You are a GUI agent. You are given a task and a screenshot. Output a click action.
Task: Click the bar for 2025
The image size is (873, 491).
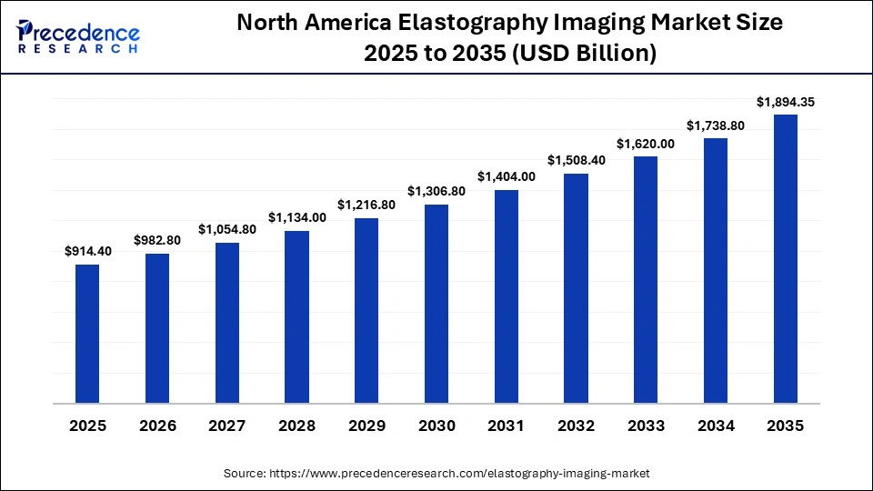[87, 334]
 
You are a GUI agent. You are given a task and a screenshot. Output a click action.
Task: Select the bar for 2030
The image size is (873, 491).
[436, 304]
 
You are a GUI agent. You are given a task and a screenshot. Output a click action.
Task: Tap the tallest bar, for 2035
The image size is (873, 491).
[786, 259]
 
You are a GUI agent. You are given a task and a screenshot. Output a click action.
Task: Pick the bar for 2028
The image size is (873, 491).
[296, 316]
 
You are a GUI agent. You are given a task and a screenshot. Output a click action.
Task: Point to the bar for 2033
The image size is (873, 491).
[646, 280]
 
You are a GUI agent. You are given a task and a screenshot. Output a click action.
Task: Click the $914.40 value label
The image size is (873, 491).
[87, 252]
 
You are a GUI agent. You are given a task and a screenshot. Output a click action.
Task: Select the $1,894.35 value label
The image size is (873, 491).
[786, 102]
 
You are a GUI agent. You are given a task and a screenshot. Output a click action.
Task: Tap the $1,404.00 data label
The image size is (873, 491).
[507, 176]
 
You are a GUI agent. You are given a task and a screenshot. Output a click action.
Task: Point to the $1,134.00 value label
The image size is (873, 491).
[296, 217]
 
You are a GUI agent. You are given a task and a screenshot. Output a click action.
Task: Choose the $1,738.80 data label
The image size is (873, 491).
[716, 125]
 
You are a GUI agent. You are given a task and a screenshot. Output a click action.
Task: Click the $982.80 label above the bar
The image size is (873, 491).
[157, 240]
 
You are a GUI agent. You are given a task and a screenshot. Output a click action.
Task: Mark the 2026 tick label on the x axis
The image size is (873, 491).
[157, 426]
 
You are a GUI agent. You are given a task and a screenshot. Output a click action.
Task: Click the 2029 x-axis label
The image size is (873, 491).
[366, 426]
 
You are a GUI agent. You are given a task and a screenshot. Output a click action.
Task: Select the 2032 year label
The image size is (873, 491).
[577, 426]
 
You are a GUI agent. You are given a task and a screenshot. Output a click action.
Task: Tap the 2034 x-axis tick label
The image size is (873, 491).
[716, 426]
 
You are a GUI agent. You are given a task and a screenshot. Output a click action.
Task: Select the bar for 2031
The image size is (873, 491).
[507, 296]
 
